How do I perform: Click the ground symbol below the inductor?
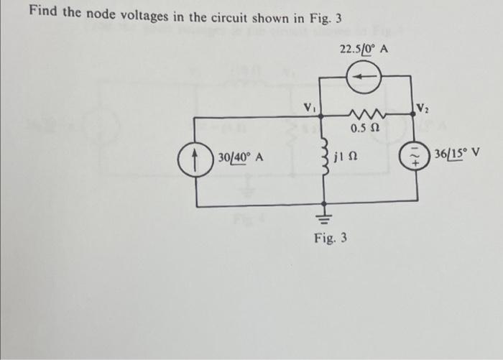pyautogui.click(x=325, y=215)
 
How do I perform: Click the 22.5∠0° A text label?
pyautogui.click(x=362, y=50)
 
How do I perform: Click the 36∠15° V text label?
pyautogui.click(x=456, y=154)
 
